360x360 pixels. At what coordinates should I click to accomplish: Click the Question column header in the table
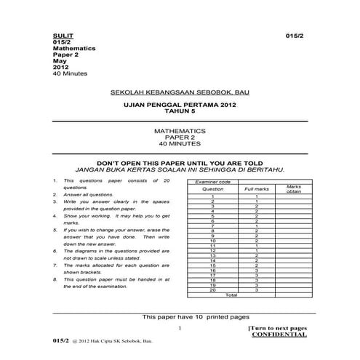[x=212, y=188]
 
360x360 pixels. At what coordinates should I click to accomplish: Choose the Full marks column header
[x=256, y=188]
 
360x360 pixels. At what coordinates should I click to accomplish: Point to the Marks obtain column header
[x=293, y=188]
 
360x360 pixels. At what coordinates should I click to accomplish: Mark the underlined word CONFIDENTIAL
[x=279, y=335]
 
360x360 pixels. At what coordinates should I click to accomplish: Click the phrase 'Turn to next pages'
[x=278, y=329]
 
